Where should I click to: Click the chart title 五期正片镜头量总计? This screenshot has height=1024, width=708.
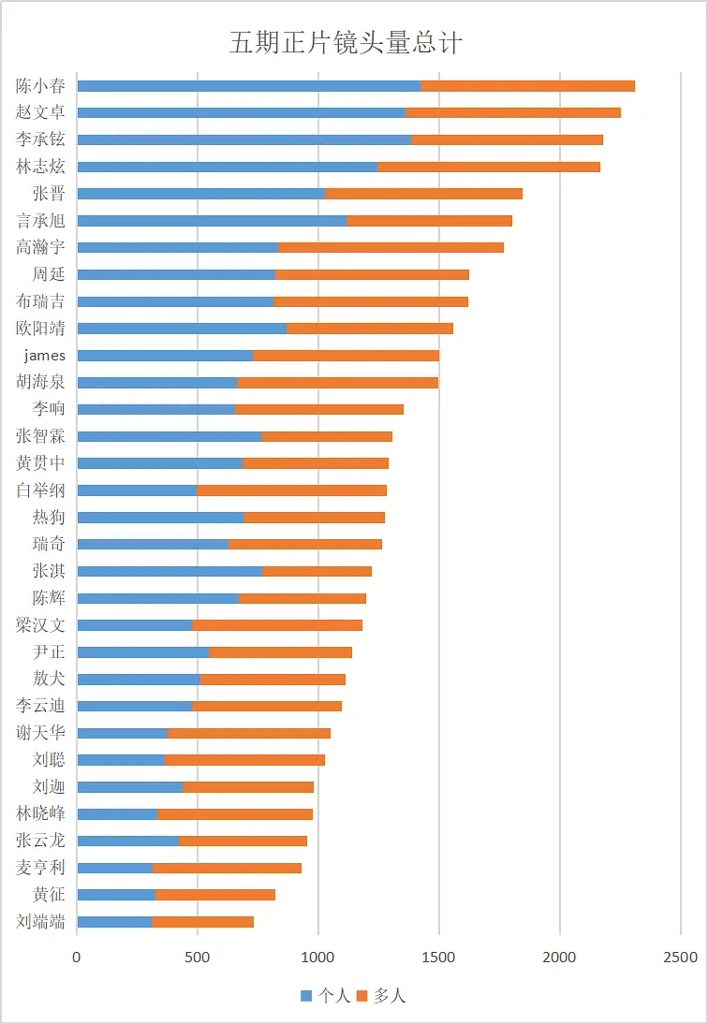pos(346,43)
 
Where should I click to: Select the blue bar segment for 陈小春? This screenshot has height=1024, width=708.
pos(248,86)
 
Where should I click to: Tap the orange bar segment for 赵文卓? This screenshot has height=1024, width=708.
pos(512,113)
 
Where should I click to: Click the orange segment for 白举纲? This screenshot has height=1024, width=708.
pos(291,490)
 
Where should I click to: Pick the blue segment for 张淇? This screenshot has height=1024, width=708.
pos(169,571)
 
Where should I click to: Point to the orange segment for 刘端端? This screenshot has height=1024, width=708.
pos(202,922)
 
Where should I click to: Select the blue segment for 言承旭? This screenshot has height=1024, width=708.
pos(211,221)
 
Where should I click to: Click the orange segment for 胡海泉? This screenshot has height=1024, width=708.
pos(337,382)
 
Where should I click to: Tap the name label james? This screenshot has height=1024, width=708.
pos(45,355)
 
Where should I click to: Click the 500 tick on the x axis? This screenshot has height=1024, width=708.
pos(198,957)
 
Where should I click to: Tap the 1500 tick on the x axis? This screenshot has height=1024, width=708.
pos(439,957)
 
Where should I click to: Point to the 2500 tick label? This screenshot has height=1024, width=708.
pos(681,957)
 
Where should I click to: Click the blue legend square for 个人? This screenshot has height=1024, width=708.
pos(305,996)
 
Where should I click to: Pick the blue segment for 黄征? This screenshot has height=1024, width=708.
pos(115,895)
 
